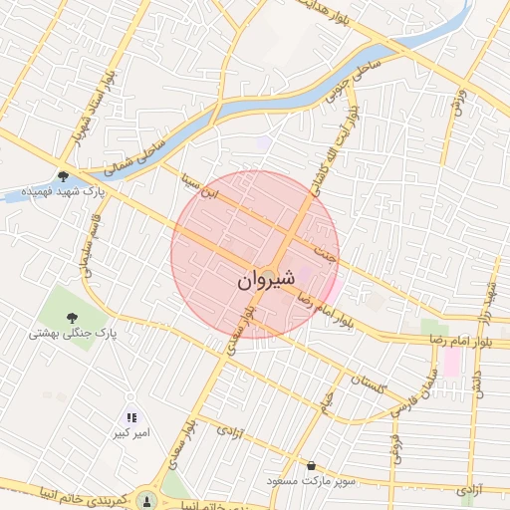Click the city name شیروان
[x=267, y=280]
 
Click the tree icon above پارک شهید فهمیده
[x=63, y=174]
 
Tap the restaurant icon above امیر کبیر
[x=131, y=417]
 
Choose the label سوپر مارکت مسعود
[x=312, y=481]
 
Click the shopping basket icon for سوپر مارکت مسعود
[x=312, y=465]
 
